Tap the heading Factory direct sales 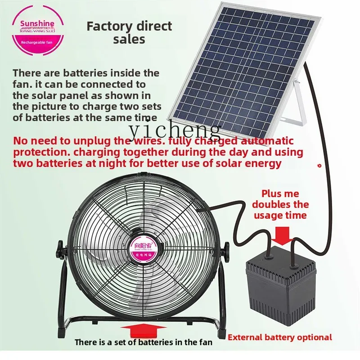pyautogui.click(x=129, y=32)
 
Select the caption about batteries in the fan pyautogui.click(x=143, y=342)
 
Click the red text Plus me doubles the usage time pyautogui.click(x=280, y=204)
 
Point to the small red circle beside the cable pyautogui.click(x=319, y=166)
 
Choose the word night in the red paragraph pyautogui.click(x=144, y=163)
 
